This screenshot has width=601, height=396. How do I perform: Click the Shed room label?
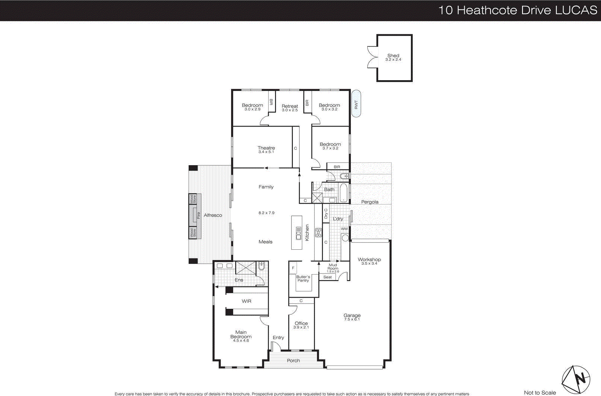coord(393,56)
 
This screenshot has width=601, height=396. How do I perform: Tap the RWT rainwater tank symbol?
coord(356,103)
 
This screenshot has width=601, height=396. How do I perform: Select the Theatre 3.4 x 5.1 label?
coord(266,150)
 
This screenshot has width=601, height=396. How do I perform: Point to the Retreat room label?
coord(290,106)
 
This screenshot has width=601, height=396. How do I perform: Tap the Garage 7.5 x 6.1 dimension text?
coord(352,319)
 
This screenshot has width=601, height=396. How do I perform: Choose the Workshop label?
coord(369,259)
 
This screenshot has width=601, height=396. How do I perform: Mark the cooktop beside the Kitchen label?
coord(319,232)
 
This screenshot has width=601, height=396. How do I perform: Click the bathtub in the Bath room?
coord(343,193)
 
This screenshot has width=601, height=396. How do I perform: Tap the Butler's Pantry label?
coord(303,279)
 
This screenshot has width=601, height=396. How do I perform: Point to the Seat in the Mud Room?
coord(328,277)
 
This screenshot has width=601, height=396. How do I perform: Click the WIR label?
coord(246,301)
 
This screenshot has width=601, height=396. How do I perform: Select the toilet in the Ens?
coord(262,266)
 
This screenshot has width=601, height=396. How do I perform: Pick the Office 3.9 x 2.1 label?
coord(301,325)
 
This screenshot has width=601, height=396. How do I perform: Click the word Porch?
coord(293,361)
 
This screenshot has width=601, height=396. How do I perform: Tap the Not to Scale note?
coord(540,393)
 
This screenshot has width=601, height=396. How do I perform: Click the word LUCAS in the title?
coord(576,10)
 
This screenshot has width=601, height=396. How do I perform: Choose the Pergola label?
coord(370,202)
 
